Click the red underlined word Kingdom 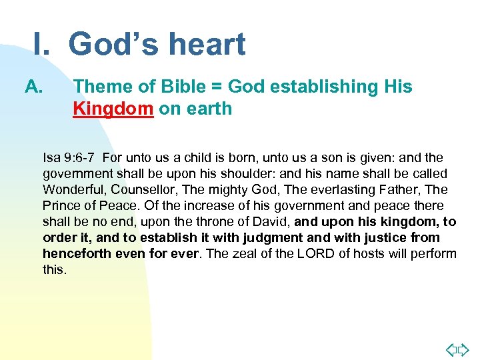(113, 108)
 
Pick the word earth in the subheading (210, 108)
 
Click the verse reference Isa (51, 158)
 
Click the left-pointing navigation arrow (451, 349)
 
